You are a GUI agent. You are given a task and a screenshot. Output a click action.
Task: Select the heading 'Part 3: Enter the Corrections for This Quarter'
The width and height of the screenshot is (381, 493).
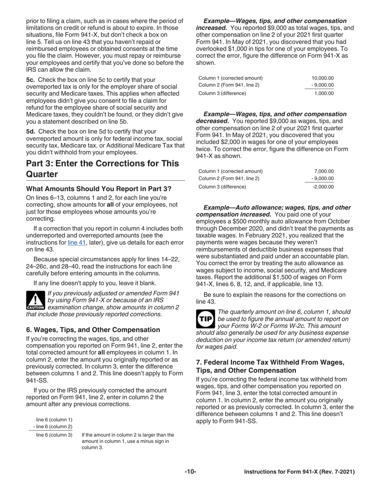click(x=102, y=169)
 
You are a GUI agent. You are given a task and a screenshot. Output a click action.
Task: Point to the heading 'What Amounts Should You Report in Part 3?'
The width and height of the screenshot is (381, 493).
click(x=99, y=189)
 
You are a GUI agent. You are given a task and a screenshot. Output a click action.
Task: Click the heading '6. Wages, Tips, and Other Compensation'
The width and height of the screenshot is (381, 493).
click(x=93, y=329)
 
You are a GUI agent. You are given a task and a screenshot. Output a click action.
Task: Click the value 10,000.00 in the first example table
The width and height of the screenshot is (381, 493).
click(x=322, y=78)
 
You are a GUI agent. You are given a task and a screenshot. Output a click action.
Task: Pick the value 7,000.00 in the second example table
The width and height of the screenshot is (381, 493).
click(x=324, y=172)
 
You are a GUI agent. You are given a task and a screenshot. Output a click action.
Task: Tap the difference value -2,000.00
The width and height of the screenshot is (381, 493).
click(x=322, y=186)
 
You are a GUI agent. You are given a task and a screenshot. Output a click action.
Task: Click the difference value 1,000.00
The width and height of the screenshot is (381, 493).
click(x=324, y=93)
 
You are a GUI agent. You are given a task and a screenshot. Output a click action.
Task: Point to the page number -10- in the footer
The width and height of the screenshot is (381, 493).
click(x=190, y=472)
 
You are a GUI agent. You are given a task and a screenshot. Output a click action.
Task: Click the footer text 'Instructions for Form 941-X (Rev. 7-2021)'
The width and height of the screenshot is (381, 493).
click(x=299, y=472)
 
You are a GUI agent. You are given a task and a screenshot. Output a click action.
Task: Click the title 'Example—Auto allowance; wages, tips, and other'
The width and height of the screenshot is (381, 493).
click(x=277, y=208)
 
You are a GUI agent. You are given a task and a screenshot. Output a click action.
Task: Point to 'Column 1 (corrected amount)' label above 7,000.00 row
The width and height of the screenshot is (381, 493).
click(x=231, y=172)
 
